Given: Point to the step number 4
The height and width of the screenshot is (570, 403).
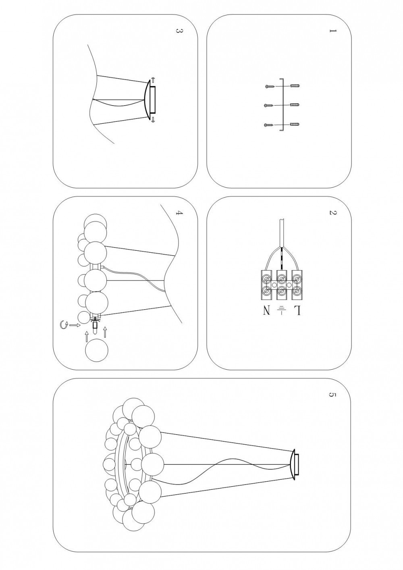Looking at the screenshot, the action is coord(179,213).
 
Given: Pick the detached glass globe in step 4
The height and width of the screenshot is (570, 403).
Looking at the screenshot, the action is coord(97,350).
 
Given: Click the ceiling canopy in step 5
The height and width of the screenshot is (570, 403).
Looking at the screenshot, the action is coord(294,465).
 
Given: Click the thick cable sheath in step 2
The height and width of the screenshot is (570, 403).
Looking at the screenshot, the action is coord(281,233).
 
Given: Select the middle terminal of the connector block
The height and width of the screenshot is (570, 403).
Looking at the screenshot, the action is coord(281,285).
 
